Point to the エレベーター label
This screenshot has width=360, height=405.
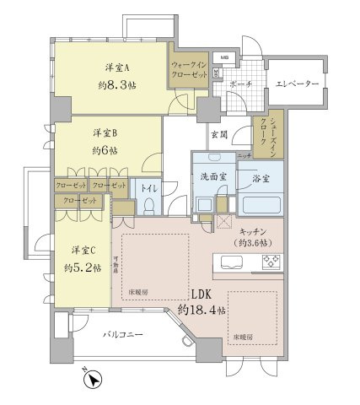295,84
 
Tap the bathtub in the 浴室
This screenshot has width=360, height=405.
258,204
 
